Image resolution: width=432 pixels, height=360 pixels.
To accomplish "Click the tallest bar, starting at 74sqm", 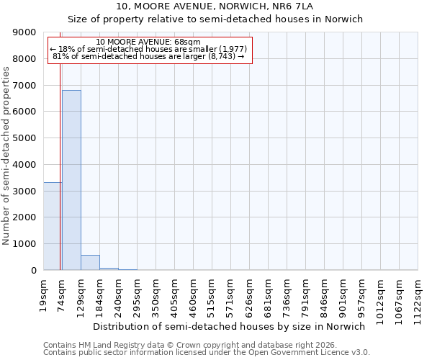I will tap(71, 180).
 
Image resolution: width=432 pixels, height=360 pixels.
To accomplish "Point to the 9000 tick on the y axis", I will tap(24, 32).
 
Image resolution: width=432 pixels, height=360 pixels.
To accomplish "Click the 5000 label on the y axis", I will tap(24, 138).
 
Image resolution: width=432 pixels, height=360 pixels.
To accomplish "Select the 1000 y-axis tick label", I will tap(24, 244).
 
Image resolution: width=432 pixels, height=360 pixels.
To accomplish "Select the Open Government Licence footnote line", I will tap(207, 353).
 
